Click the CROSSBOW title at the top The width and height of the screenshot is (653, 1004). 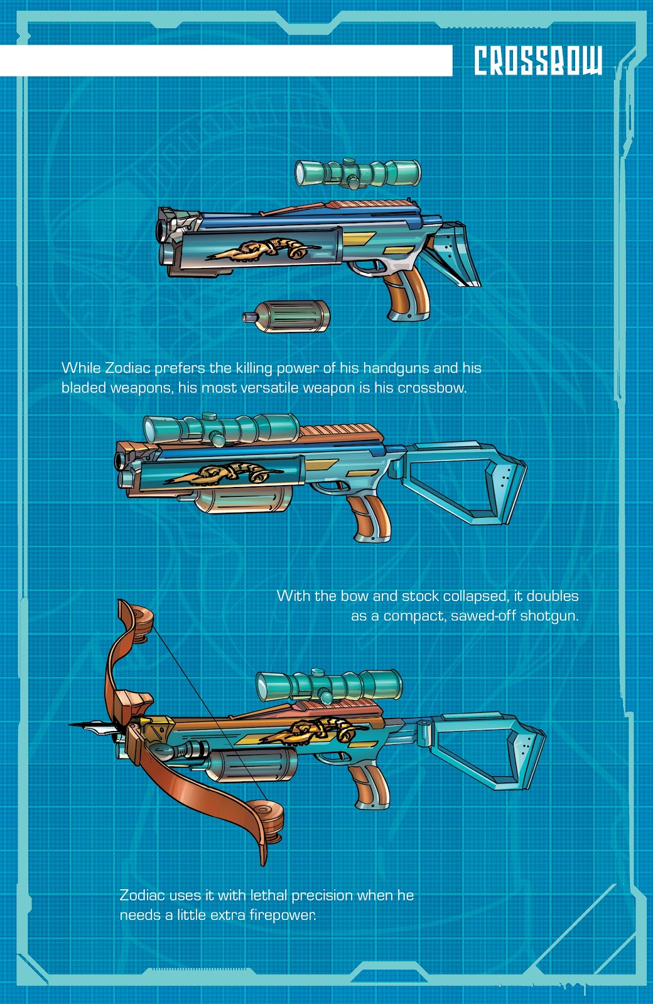point(538,61)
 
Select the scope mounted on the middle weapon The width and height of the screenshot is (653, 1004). point(222,429)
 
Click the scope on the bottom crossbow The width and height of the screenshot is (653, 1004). point(329,685)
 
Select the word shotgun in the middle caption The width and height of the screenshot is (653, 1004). point(549,616)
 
